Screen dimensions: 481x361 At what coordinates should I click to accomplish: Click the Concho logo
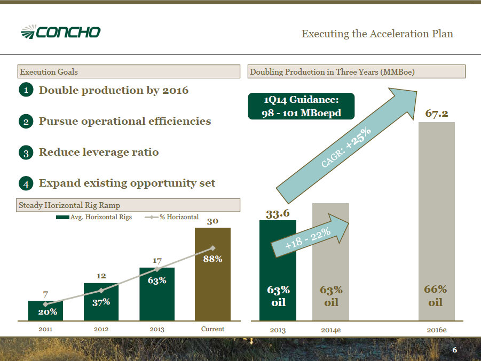[61, 32]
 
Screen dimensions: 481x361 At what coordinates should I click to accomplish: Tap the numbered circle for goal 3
[26, 153]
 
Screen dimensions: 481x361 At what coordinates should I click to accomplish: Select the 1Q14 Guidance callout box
[301, 106]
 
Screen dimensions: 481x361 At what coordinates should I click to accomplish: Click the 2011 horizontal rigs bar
[45, 311]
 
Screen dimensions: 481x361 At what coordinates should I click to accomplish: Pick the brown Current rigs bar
[212, 274]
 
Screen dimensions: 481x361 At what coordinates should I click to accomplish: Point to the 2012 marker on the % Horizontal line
[101, 290]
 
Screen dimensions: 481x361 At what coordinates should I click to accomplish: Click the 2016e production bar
[437, 221]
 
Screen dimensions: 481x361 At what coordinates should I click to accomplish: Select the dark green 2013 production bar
[278, 270]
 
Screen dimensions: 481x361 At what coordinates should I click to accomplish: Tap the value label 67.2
[437, 114]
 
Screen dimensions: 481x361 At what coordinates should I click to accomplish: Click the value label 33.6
[278, 213]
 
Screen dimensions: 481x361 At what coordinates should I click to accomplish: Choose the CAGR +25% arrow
[346, 146]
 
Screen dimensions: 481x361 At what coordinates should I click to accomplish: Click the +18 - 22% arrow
[310, 236]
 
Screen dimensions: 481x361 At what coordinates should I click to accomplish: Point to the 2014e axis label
[330, 330]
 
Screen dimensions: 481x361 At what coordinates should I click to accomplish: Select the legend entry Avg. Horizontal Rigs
[94, 217]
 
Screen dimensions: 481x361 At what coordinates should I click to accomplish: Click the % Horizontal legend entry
[172, 217]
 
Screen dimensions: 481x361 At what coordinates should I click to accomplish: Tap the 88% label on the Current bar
[212, 259]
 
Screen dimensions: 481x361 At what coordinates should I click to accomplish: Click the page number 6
[455, 350]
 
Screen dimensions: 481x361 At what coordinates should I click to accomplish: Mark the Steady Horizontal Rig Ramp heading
[69, 205]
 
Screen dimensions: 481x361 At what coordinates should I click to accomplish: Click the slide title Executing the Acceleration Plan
[377, 34]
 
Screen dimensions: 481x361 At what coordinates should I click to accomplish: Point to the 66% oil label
[435, 296]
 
